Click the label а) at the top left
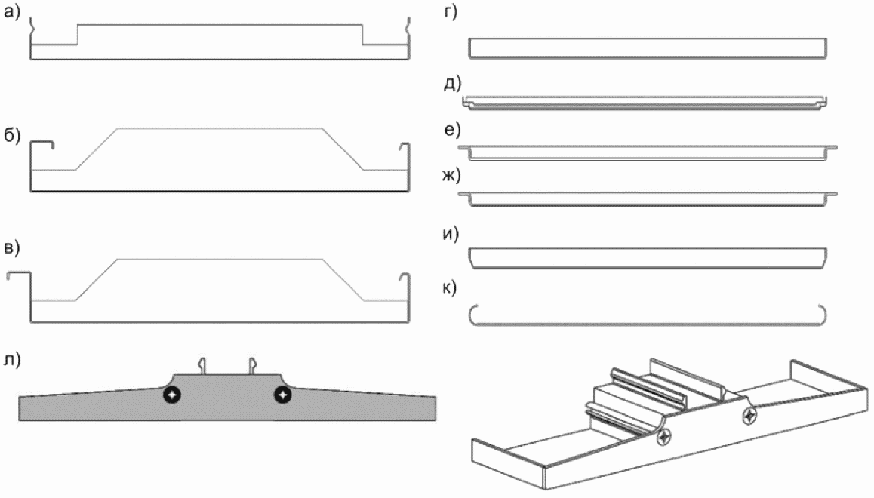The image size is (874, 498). tap(12, 12)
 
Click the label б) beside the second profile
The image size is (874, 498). tap(12, 135)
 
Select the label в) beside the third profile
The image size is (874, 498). tap(12, 247)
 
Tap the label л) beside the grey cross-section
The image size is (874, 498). tap(12, 360)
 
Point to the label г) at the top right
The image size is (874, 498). tap(451, 12)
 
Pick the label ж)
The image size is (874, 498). tap(451, 175)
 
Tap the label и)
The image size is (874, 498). tap(451, 233)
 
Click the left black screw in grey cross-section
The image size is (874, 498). tap(172, 395)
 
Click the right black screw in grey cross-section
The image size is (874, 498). tap(283, 395)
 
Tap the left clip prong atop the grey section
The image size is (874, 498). tap(203, 365)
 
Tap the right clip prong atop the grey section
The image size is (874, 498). tap(252, 365)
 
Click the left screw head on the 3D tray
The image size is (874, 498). tap(664, 438)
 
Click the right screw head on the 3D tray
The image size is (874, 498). tap(749, 415)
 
